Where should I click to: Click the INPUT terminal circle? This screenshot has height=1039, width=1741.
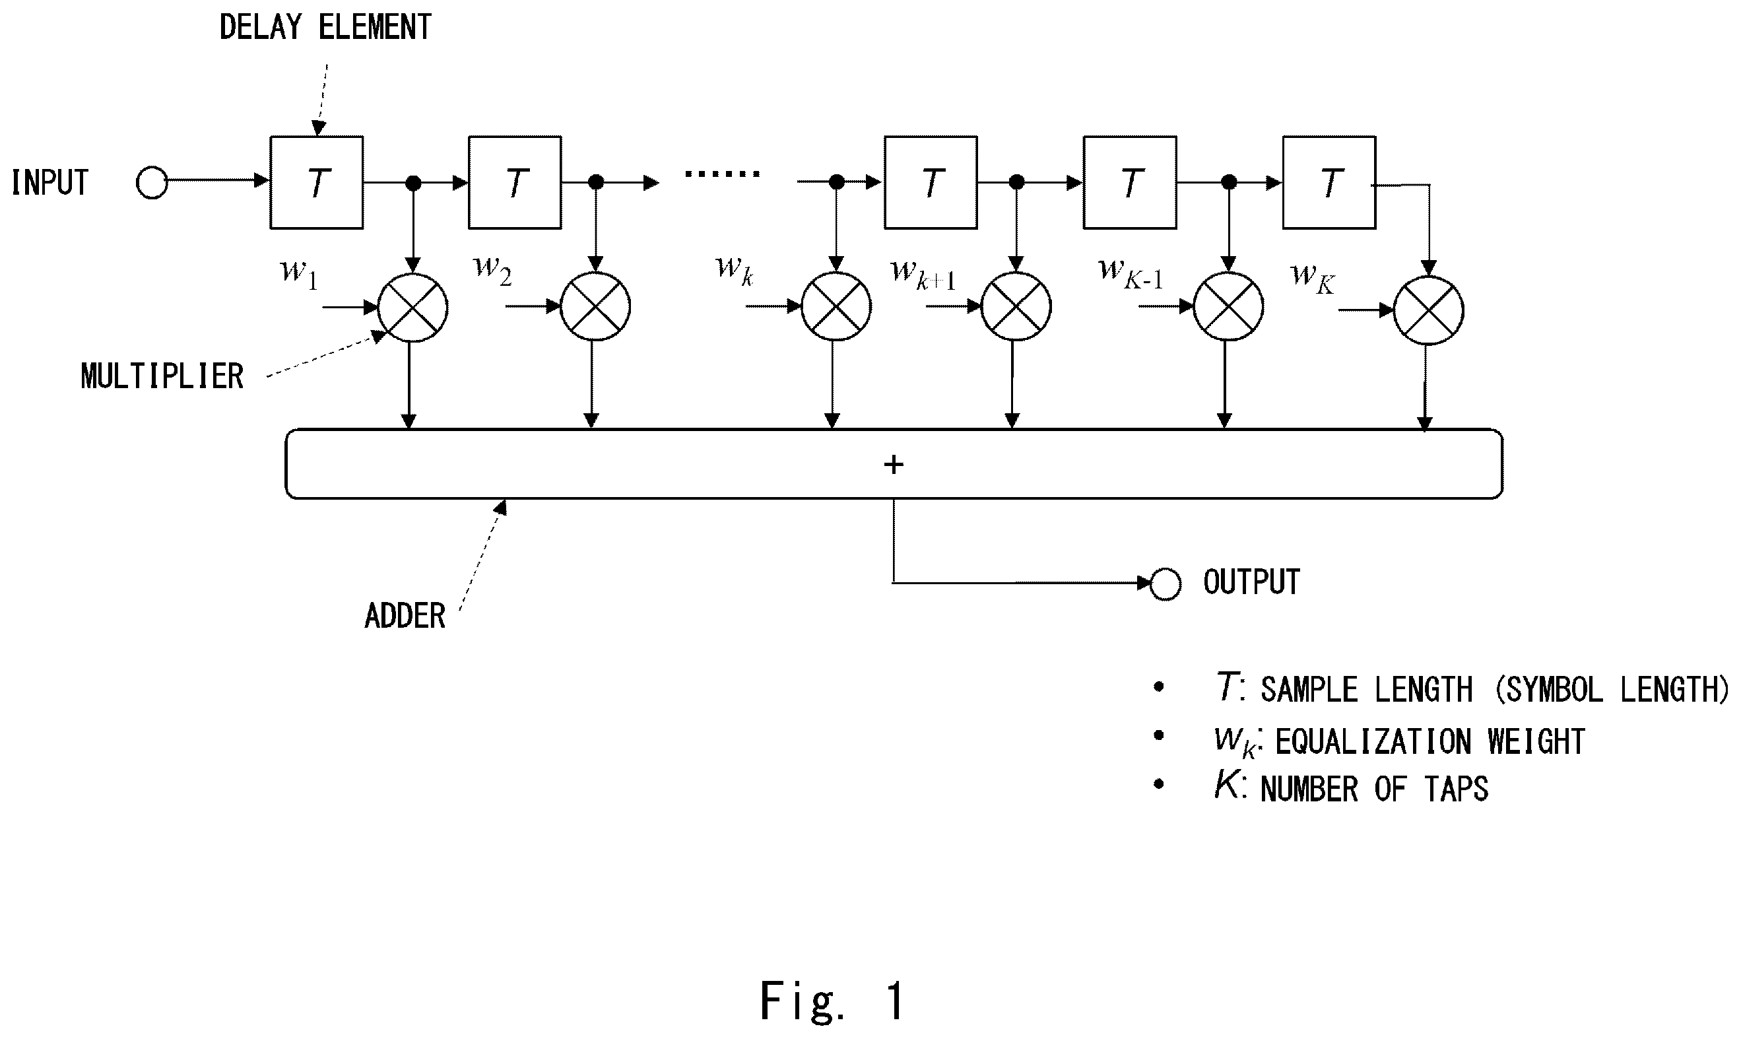(151, 183)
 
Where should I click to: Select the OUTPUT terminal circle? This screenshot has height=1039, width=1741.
(1166, 584)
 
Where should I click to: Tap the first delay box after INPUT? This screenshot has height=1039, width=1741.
(316, 182)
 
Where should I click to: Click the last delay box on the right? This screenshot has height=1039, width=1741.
(1329, 182)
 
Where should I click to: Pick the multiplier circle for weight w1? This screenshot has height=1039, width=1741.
(412, 308)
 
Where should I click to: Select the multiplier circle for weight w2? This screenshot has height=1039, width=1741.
(595, 307)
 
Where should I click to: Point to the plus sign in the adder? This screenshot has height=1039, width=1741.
(893, 464)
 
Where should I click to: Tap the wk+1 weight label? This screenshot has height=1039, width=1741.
(923, 273)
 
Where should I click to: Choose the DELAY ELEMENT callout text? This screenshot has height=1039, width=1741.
(325, 28)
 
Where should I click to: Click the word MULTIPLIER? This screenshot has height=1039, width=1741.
(162, 377)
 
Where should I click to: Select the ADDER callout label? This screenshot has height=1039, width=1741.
(405, 616)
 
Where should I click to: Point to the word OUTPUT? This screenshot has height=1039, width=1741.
(1252, 582)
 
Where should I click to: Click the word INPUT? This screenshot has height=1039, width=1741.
(49, 183)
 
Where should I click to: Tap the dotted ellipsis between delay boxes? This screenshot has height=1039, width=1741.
(722, 174)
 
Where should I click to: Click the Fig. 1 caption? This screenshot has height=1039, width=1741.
(832, 1001)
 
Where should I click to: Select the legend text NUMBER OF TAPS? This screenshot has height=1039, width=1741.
(1374, 789)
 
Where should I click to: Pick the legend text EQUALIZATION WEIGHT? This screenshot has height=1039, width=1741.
(1430, 741)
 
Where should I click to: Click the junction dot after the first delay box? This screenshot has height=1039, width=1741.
(414, 184)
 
